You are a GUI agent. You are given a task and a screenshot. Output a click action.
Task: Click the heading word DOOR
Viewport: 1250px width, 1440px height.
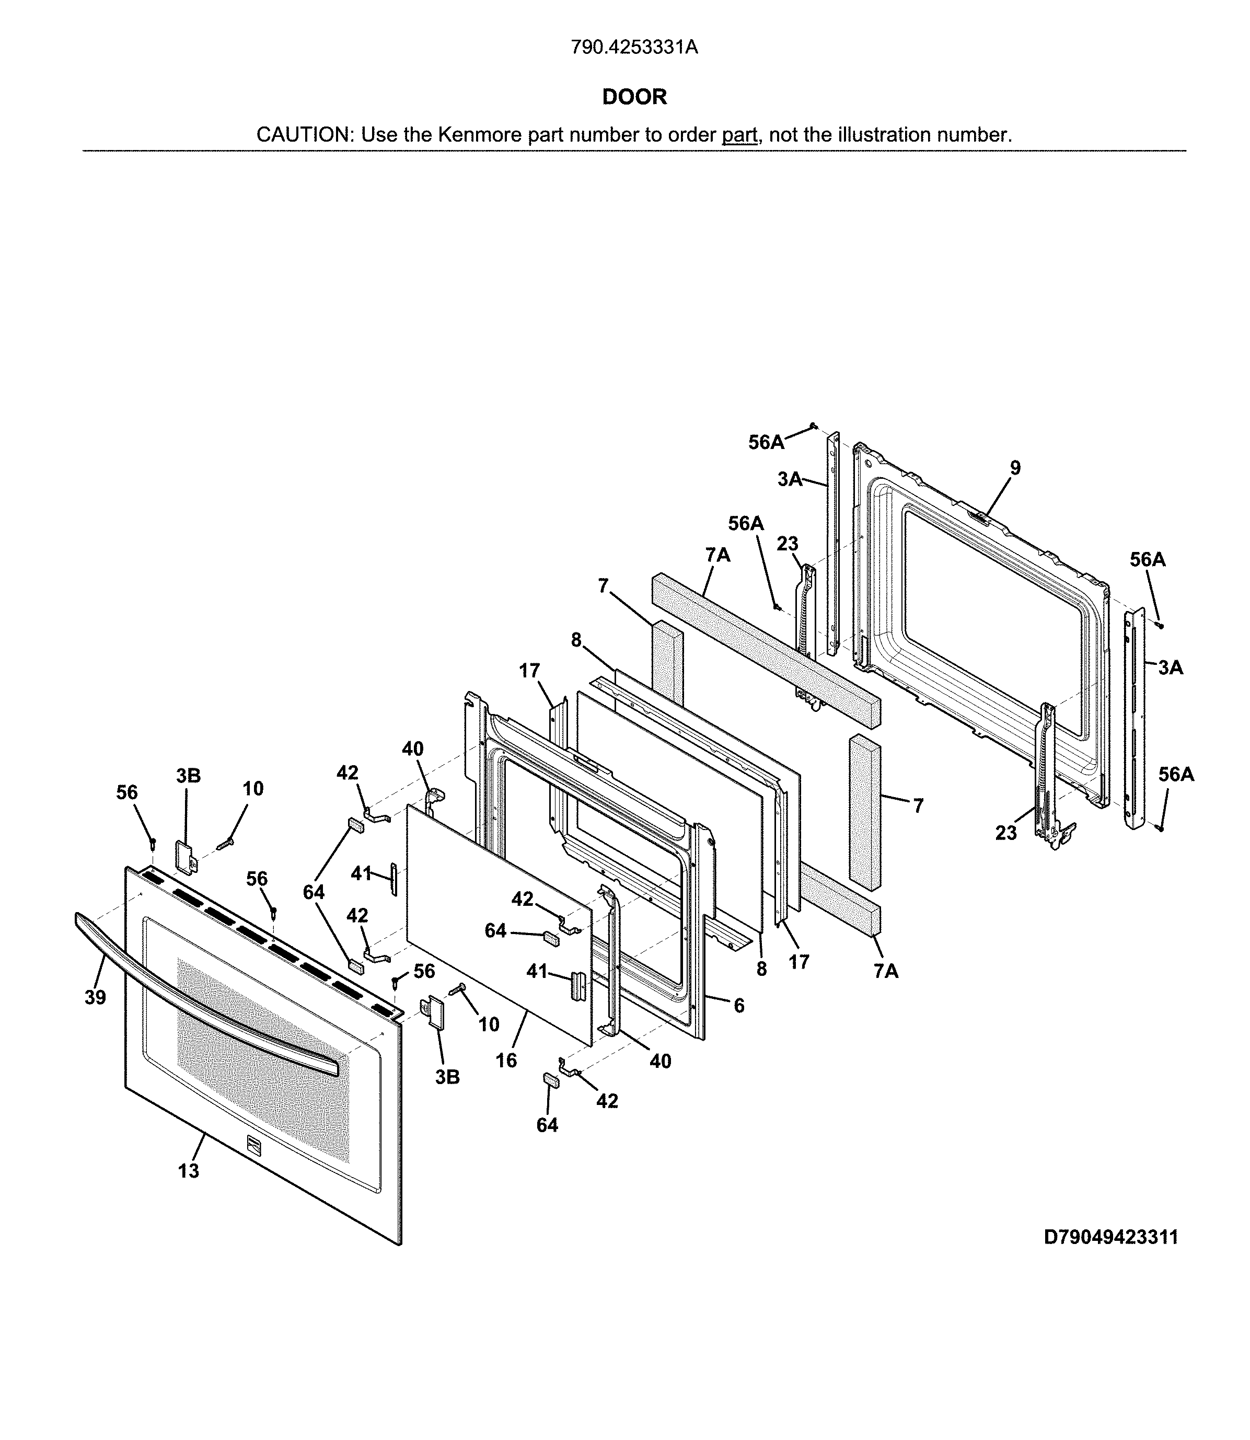(x=634, y=97)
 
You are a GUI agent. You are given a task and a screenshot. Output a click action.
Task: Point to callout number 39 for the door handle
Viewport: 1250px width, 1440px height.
(x=96, y=998)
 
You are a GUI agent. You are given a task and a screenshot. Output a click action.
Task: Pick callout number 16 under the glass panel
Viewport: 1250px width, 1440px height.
(x=506, y=1060)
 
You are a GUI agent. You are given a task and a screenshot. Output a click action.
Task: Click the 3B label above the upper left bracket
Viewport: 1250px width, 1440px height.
(x=188, y=776)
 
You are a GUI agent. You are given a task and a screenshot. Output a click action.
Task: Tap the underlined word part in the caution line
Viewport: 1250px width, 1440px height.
(x=739, y=135)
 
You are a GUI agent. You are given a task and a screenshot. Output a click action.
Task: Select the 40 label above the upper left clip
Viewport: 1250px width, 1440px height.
(x=412, y=748)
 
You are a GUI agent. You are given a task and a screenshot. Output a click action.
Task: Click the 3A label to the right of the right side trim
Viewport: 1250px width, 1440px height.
(x=1171, y=667)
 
